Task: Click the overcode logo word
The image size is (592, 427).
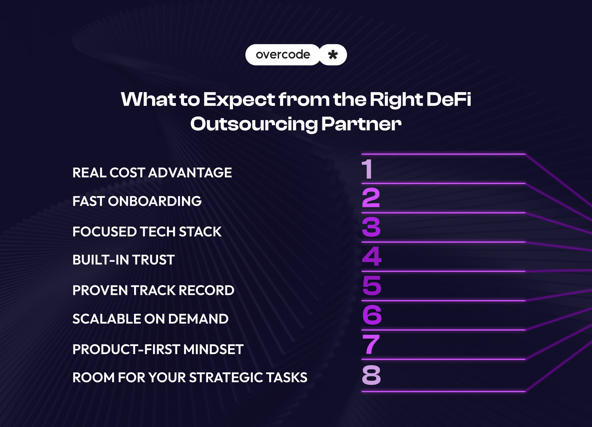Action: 283,55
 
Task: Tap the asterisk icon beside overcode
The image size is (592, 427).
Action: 333,55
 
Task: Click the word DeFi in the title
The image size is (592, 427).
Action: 449,99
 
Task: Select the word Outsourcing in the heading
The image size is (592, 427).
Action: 254,124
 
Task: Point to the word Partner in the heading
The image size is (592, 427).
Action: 361,124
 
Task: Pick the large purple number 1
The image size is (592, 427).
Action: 367,169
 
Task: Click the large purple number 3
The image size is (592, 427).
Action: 371,227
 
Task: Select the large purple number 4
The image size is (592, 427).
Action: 372,256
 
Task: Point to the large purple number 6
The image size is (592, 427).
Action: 372,315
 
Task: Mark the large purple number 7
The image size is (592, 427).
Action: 371,344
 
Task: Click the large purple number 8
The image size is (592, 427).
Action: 371,375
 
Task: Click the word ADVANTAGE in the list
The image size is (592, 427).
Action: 190,173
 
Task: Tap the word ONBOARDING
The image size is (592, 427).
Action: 155,201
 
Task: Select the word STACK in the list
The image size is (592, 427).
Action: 200,232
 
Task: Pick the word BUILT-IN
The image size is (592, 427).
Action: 100,260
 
